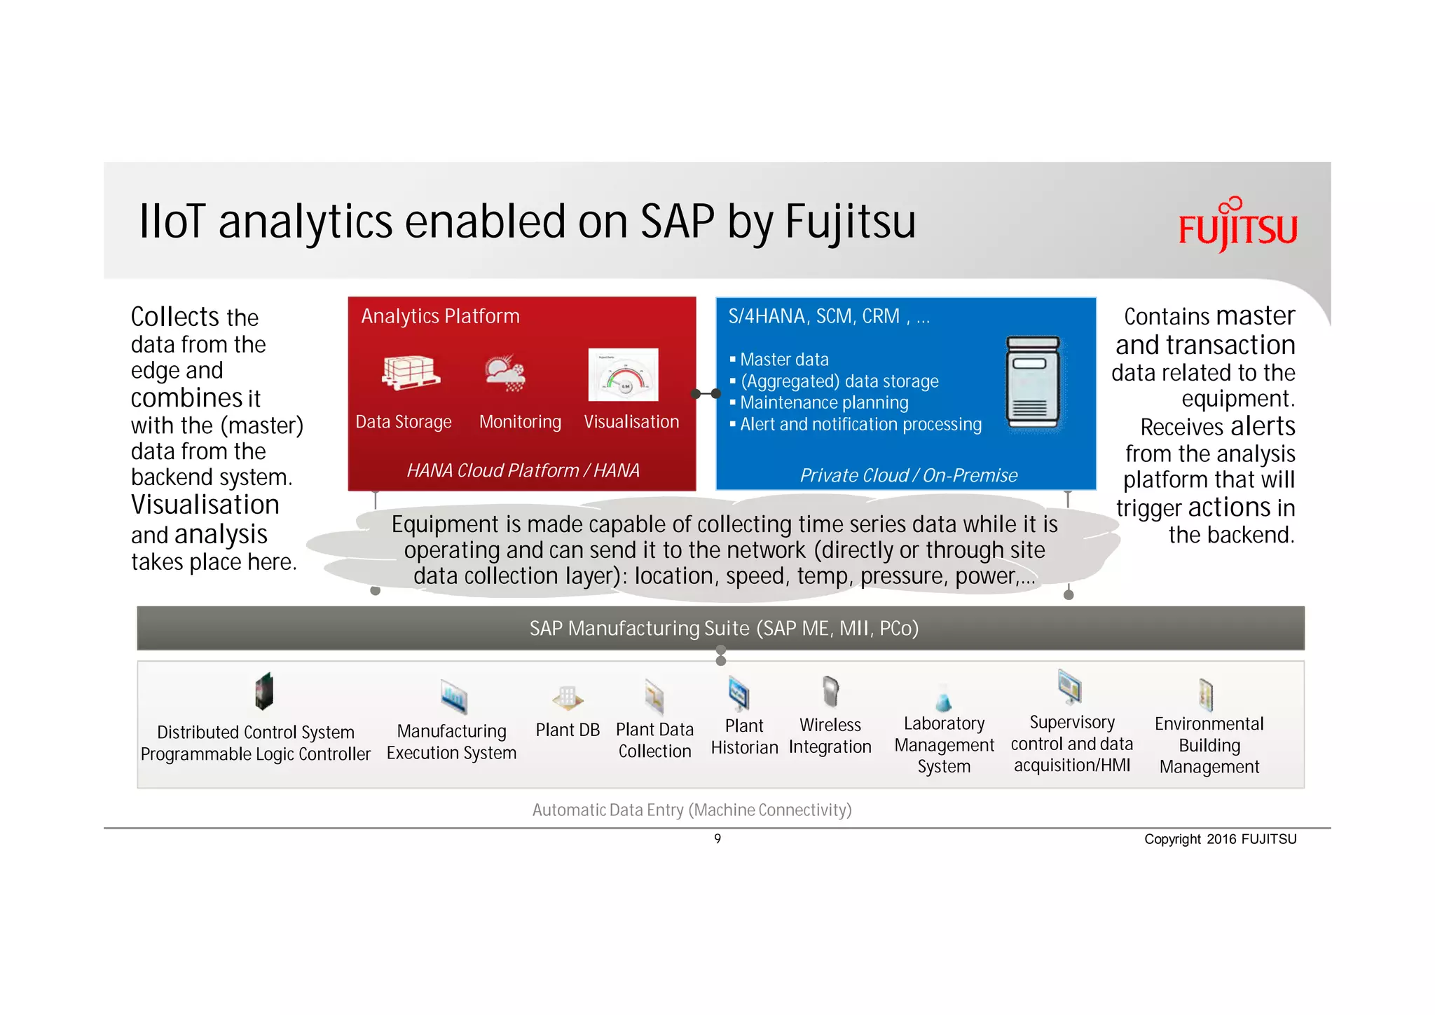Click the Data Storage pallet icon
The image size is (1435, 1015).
coord(411,372)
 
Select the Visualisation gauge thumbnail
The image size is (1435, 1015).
coord(623,375)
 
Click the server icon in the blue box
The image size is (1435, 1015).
coord(1033,383)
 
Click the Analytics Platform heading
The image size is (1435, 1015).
coord(440,316)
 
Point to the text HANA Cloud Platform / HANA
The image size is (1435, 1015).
coord(523,470)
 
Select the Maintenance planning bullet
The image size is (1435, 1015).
coord(823,403)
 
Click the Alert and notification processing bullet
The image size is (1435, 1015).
coord(860,425)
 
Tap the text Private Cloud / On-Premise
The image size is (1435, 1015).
coord(908,475)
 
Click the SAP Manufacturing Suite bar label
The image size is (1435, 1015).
coord(723,628)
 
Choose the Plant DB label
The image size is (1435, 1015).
coord(568,730)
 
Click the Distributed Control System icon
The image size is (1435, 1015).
coord(263,692)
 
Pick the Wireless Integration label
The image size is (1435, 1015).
coord(830,735)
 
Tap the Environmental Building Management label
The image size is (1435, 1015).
coord(1209,745)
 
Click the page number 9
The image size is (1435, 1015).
coord(717,838)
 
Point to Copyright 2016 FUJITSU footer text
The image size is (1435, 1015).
coord(1220,839)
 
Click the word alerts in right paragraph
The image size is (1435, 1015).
coord(1262,426)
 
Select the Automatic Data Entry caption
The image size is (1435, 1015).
coord(692,810)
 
